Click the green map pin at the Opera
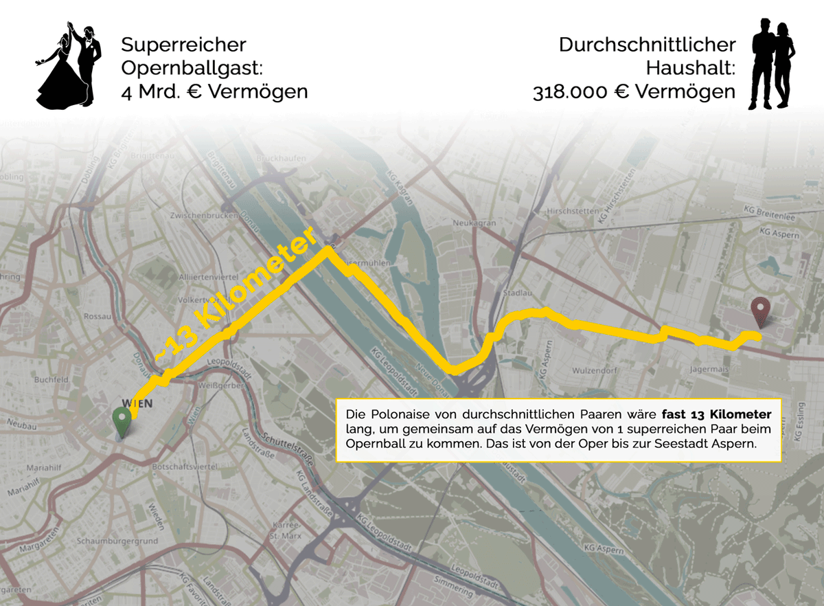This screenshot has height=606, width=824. [122, 419]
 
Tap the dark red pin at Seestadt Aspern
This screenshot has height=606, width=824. [760, 311]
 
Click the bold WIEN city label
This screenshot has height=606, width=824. [137, 403]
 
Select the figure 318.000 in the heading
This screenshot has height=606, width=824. [570, 91]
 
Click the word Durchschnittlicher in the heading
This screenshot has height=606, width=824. [647, 45]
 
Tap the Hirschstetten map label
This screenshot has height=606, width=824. [569, 212]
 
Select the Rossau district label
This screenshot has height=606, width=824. [96, 316]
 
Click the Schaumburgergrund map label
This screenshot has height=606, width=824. [117, 541]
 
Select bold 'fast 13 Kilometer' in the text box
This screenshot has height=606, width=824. [717, 415]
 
